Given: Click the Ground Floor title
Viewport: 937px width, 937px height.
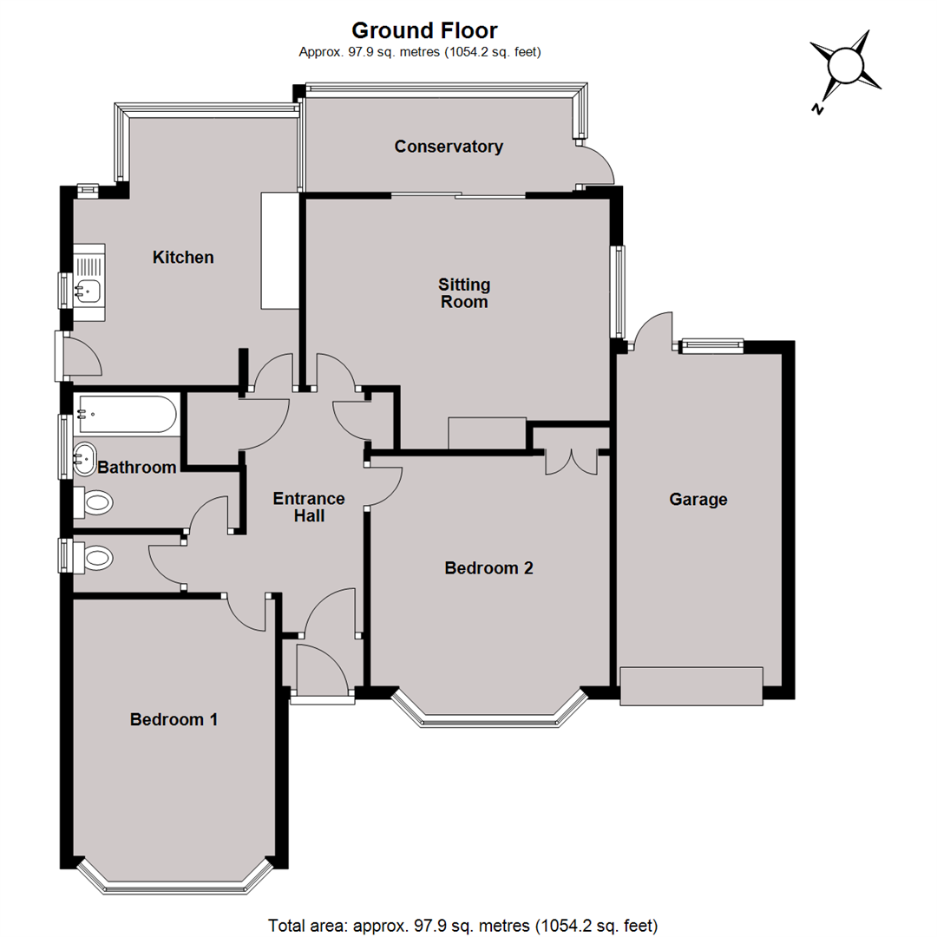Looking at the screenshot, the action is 424,30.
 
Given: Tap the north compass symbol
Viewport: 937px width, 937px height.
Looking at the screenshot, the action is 844,68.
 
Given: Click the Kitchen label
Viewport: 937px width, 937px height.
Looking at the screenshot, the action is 183,258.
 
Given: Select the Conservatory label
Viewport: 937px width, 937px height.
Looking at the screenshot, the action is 449,147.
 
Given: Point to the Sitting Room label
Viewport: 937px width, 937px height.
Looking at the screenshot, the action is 464,293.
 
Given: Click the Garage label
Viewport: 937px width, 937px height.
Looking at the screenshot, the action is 698,500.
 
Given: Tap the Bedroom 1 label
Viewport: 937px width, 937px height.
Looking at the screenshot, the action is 174,719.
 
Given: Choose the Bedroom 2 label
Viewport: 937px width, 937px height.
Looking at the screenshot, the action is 488,567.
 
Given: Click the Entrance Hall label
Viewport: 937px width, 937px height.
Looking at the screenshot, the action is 309,507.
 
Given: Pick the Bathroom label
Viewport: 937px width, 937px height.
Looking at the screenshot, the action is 137,468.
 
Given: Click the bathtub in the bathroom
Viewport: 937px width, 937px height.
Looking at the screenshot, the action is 127,414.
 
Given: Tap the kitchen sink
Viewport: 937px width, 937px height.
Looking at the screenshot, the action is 89,282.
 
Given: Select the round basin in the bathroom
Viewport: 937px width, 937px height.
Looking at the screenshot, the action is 85,459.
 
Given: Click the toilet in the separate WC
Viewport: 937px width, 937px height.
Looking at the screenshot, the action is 93,558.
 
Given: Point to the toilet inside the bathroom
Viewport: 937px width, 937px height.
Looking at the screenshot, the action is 93,502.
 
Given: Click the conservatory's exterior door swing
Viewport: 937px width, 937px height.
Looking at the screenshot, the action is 597,164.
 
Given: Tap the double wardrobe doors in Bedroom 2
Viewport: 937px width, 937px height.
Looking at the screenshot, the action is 571,462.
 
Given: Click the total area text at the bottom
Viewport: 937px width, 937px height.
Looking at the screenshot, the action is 463,926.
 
